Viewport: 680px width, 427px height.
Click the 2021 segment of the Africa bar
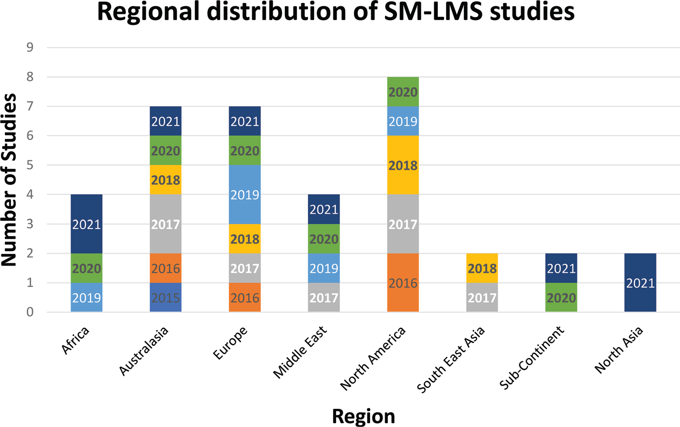pos(86,224)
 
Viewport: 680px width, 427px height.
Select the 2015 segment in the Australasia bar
pos(165,298)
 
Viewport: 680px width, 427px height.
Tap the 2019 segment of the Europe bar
pos(245,195)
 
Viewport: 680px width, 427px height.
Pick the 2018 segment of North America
pos(403,165)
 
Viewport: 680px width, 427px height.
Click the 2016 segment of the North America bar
pos(403,283)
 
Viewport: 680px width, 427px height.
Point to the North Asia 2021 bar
pos(640,283)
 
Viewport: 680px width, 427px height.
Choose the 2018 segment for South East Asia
pos(482,268)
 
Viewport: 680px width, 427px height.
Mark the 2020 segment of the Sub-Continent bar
pos(561,298)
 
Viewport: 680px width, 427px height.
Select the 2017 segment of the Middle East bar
pos(324,298)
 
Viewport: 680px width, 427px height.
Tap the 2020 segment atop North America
pos(403,92)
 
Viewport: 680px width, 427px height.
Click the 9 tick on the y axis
pos(30,47)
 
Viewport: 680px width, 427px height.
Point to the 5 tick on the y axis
pos(30,165)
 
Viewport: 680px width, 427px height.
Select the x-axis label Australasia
pos(144,350)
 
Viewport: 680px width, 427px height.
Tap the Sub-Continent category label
pos(532,357)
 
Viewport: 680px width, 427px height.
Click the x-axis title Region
pos(363,416)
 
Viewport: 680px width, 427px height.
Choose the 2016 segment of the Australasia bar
pos(165,268)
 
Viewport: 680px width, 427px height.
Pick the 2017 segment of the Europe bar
pos(245,268)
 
